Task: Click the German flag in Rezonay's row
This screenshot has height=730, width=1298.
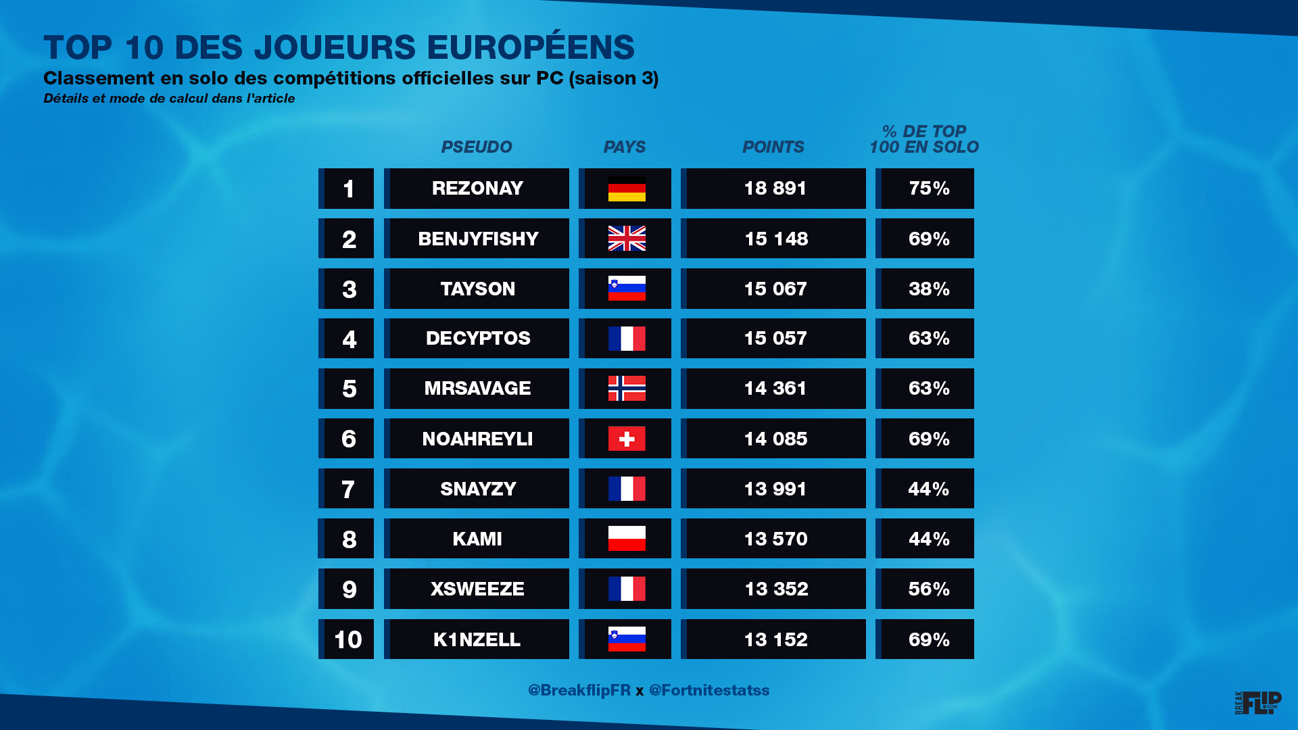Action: (x=627, y=189)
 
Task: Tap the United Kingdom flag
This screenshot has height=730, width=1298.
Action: (x=627, y=239)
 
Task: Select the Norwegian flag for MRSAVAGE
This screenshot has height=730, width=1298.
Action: (x=627, y=389)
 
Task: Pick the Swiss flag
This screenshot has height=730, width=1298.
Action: (x=627, y=439)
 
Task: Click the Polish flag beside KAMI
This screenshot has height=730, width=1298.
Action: (x=627, y=539)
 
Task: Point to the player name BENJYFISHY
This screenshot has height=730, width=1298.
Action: (x=478, y=239)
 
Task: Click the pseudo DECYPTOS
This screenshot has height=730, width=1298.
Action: (x=478, y=339)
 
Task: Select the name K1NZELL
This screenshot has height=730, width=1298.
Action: (x=477, y=639)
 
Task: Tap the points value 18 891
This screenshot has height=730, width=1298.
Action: (x=775, y=189)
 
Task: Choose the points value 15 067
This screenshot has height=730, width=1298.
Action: (x=775, y=289)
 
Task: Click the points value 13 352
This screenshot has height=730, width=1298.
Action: (x=776, y=589)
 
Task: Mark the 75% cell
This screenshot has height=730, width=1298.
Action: (x=929, y=189)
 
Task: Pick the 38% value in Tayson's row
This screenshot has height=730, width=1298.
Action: (x=929, y=289)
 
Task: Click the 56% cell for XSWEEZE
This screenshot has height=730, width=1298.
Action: (x=929, y=589)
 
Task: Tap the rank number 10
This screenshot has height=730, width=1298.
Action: (x=348, y=639)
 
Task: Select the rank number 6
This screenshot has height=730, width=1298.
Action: (x=349, y=439)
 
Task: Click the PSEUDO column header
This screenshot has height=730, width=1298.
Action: (x=477, y=147)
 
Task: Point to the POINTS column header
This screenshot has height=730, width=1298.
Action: (x=773, y=147)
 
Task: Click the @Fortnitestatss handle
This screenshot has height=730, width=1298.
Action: (x=709, y=690)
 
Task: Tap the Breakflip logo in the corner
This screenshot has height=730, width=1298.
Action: (x=1258, y=703)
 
